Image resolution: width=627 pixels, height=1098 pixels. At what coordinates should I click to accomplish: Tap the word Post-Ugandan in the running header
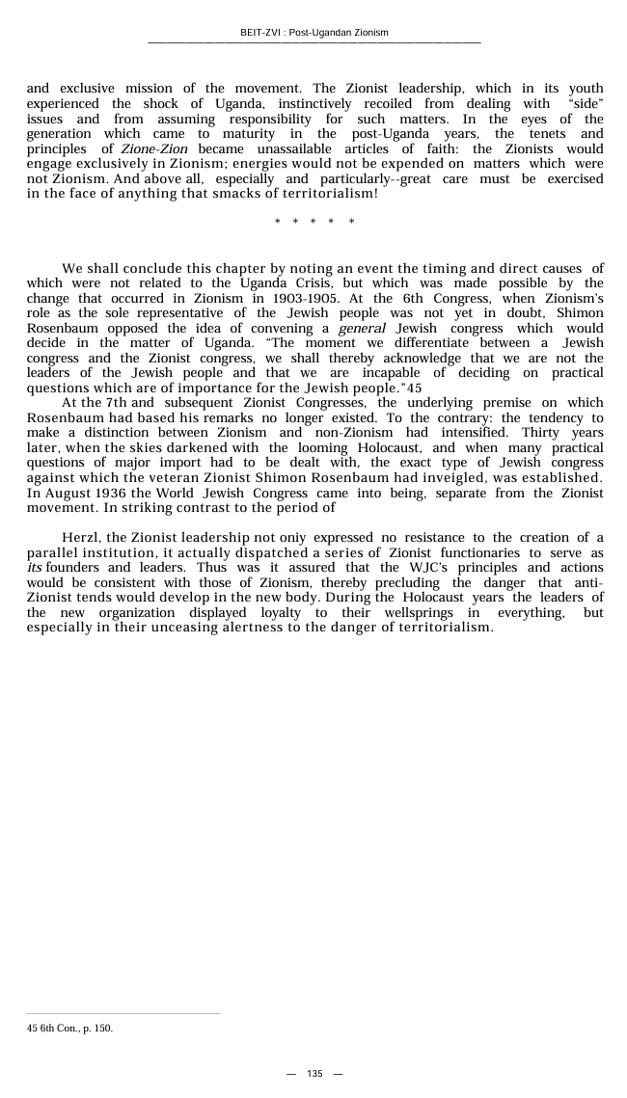click(321, 33)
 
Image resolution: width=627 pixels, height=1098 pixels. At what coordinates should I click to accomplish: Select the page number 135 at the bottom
click(314, 1074)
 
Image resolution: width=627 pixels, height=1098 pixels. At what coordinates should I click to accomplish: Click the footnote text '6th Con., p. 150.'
click(76, 1028)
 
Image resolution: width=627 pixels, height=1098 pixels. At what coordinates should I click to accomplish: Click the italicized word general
click(363, 329)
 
